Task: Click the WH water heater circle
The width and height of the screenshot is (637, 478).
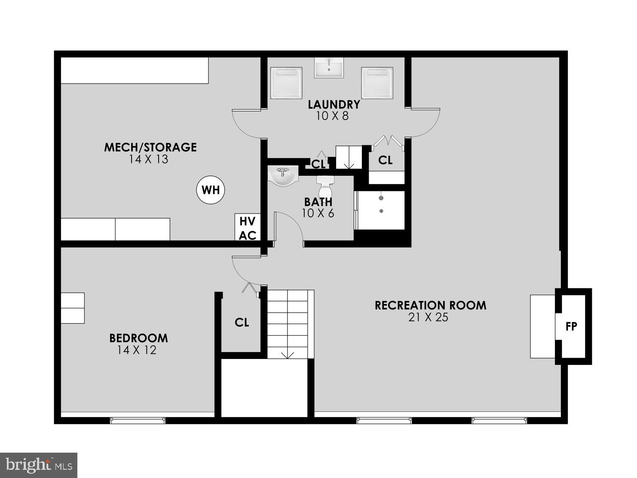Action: click(x=211, y=190)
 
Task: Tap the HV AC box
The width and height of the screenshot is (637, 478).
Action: click(x=248, y=228)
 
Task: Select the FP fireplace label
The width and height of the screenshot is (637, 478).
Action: click(x=571, y=327)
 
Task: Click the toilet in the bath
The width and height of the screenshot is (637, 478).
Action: click(x=325, y=185)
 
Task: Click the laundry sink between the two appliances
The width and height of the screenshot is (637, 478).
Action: click(x=329, y=67)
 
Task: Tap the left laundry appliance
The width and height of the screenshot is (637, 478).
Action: click(x=287, y=82)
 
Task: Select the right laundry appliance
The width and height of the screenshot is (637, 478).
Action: click(x=377, y=82)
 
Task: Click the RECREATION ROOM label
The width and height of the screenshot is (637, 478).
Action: click(x=430, y=305)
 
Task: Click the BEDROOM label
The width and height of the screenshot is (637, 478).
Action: click(x=138, y=338)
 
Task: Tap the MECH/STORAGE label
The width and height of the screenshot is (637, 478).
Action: click(x=150, y=147)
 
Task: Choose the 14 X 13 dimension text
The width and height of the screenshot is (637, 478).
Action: click(x=148, y=159)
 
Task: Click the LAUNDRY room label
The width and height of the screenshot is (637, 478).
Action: click(x=334, y=104)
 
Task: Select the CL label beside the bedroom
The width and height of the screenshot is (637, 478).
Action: click(x=242, y=322)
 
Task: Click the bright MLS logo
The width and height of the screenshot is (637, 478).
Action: click(x=39, y=465)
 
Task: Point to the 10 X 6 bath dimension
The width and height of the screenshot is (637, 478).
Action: click(x=318, y=213)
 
